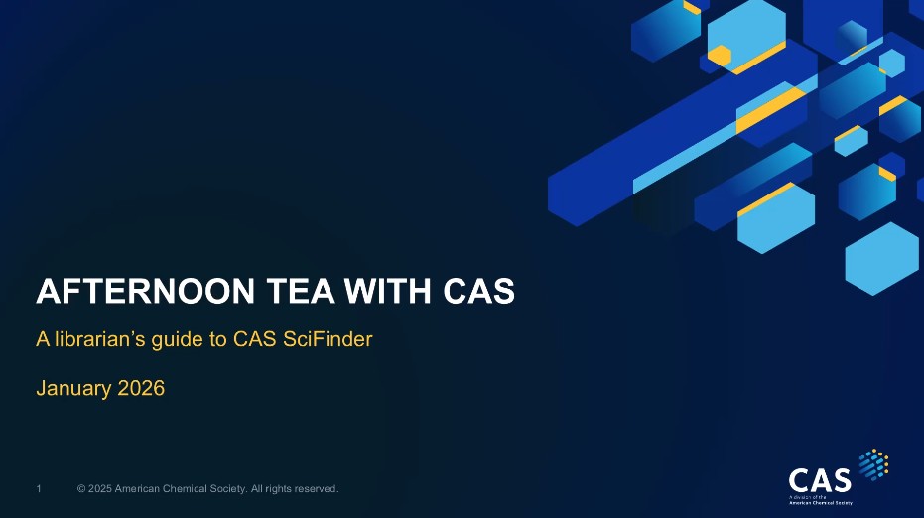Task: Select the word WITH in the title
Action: (388, 291)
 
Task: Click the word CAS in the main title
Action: (479, 291)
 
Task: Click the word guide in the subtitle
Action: (176, 340)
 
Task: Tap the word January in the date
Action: (73, 388)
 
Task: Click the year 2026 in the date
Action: (141, 388)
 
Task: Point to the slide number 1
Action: (39, 488)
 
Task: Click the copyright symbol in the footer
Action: (81, 488)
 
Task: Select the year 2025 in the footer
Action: (99, 488)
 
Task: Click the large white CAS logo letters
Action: (820, 480)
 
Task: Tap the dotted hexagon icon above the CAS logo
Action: (873, 464)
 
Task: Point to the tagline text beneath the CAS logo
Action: (821, 500)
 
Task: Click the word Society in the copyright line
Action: (225, 488)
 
